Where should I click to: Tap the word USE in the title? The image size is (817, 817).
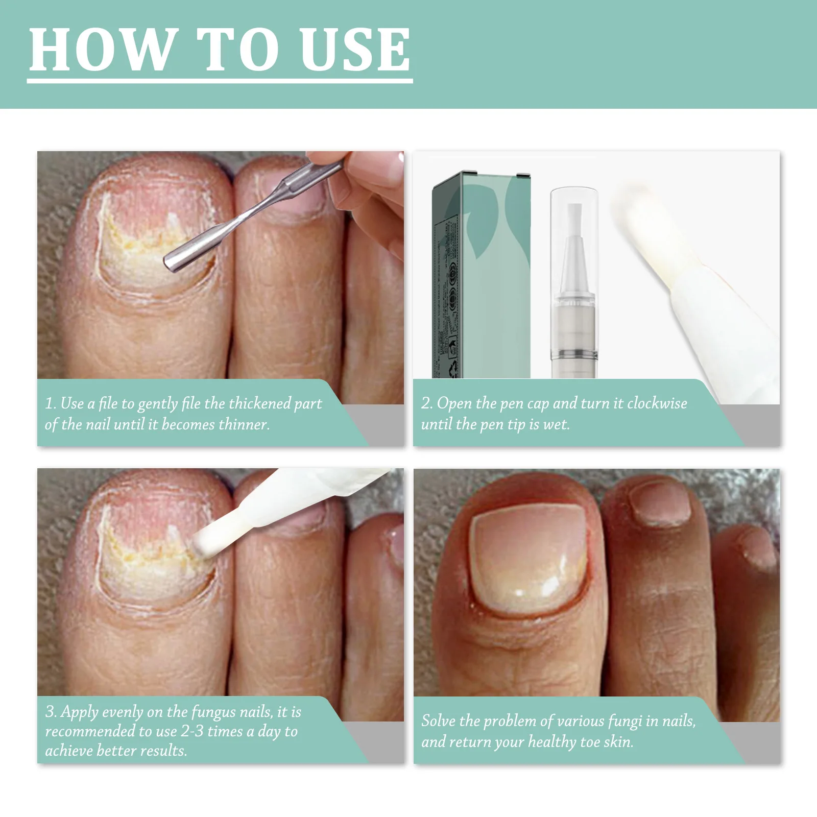point(355,50)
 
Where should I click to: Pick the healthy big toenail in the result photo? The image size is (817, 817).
point(528,562)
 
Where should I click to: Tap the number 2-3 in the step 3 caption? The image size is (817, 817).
point(192,731)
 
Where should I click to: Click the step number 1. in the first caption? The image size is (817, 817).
point(50,403)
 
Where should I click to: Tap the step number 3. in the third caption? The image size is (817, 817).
point(51,712)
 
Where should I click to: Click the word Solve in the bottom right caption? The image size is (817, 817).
point(438,721)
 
